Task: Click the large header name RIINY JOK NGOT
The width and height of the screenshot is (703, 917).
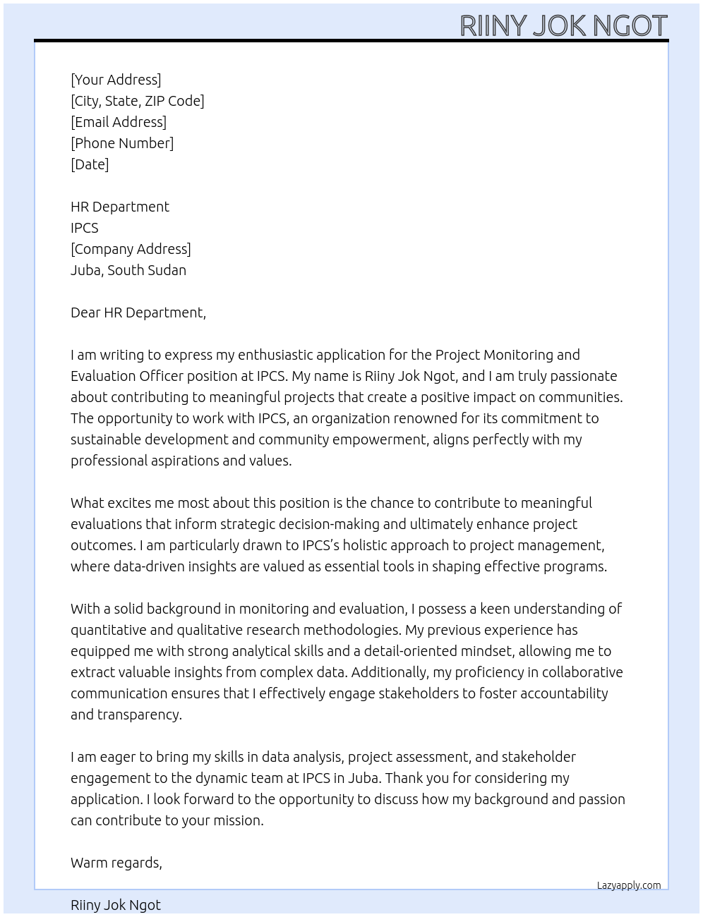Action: tap(563, 25)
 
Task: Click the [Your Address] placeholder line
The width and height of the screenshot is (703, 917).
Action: tap(116, 80)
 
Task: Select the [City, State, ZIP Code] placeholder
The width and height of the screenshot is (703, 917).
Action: tap(138, 101)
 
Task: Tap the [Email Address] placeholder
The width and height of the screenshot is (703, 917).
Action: tap(119, 122)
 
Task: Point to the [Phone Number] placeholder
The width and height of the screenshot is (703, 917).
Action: tap(122, 143)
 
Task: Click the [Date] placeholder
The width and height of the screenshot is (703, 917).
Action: tap(90, 164)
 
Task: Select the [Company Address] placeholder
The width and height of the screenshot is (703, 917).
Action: tap(131, 249)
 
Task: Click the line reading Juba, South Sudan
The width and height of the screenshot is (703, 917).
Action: tap(128, 270)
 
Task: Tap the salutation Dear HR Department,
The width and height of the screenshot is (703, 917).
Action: tap(138, 312)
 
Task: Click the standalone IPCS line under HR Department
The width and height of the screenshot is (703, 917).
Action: tap(85, 228)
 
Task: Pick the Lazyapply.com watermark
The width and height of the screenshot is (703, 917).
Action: tap(628, 885)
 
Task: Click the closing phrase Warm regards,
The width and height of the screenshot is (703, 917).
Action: tap(116, 863)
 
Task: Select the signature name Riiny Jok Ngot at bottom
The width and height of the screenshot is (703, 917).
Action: tap(116, 905)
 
